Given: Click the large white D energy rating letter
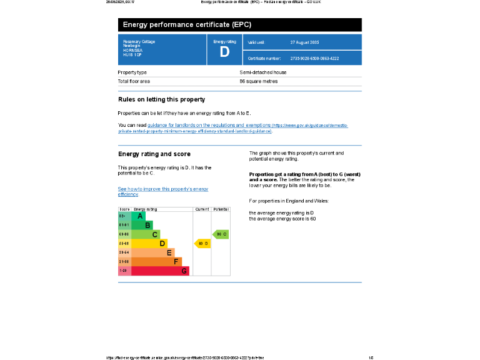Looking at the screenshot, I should coord(224,52).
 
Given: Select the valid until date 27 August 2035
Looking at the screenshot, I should coord(304,42).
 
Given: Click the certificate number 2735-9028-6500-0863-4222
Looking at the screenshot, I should coord(314,58).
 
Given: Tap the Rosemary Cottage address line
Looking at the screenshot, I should coord(139,42).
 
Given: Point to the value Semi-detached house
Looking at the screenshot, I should coord(263,72).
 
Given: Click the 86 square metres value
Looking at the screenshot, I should coord(259,81).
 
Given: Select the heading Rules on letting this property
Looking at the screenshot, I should coord(161,99).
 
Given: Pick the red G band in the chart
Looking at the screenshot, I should coord(156,271).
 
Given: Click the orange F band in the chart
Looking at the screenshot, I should coord(154,261).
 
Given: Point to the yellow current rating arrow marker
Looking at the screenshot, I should coord(203,243).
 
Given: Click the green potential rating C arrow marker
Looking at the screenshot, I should coord(221,234).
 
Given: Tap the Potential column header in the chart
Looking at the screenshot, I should coord(221,209).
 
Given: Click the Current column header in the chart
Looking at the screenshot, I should coord(202,209).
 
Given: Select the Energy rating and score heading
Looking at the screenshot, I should coord(154,154).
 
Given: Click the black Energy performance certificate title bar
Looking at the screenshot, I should coord(239,25).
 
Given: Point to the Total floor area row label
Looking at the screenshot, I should coord(134,81).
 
